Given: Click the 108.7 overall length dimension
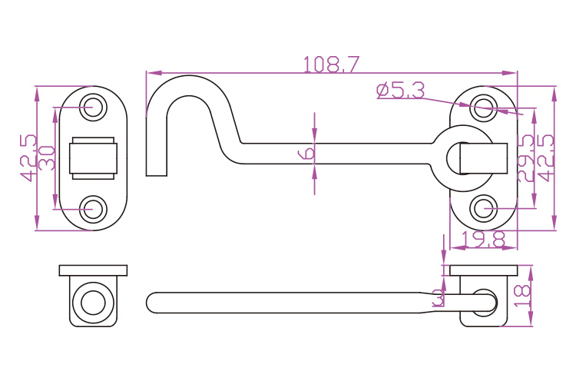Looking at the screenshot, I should (332, 65).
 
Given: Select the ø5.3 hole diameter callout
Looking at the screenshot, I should (400, 91).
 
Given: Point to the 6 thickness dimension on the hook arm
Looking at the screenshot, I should (306, 152).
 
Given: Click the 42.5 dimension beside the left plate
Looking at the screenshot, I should (28, 157).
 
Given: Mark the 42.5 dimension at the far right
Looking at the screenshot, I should (546, 157).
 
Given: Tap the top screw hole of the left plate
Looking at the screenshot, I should (94, 106).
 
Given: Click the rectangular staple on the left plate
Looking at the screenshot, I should (94, 157).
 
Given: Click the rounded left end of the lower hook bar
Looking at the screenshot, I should (152, 302).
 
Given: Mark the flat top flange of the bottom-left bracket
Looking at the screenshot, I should (94, 270).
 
